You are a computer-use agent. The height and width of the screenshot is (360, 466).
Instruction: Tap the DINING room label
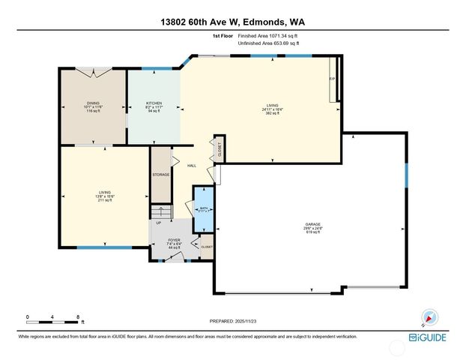point(92,103)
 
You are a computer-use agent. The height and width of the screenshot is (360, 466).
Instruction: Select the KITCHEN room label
point(154,103)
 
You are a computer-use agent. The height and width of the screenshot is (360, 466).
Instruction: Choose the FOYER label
point(174,240)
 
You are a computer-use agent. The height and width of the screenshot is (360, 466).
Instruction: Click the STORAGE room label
point(161,175)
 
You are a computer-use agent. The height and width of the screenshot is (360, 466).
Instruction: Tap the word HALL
point(192,166)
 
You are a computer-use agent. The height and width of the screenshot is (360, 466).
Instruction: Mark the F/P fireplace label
point(332,78)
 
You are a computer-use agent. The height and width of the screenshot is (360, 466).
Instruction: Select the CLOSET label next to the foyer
point(206,247)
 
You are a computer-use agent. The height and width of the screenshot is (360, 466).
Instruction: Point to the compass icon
point(429,316)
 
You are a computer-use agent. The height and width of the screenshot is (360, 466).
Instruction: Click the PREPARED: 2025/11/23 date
point(232,321)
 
